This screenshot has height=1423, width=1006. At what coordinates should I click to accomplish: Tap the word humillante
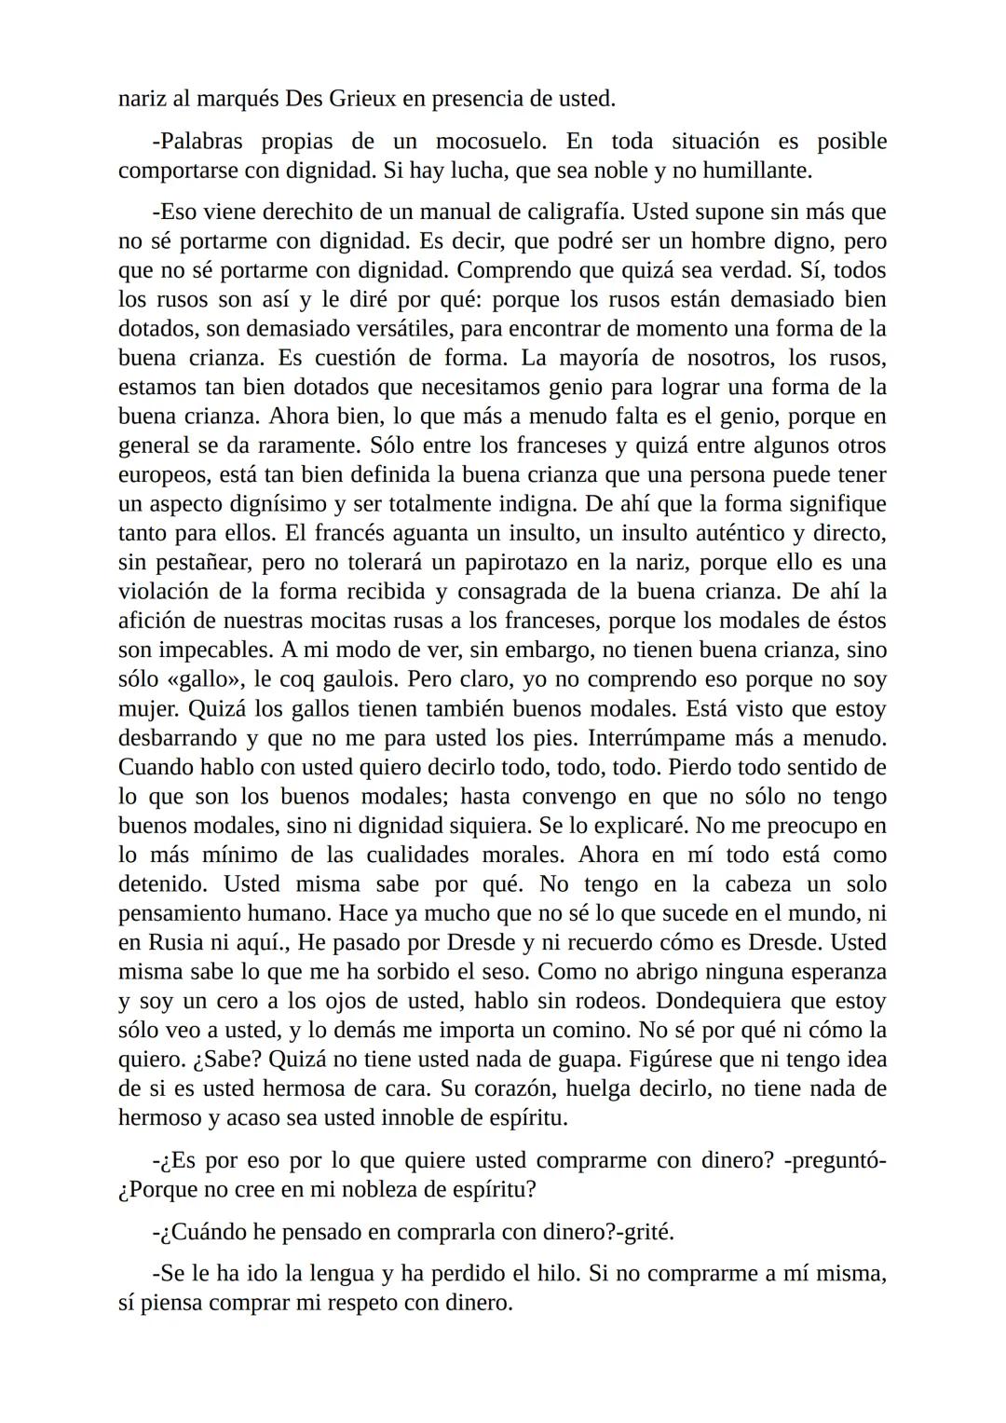click(x=759, y=171)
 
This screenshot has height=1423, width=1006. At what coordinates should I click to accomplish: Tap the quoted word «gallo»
click(x=199, y=678)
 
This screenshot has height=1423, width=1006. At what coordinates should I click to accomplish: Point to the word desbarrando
click(x=178, y=737)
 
